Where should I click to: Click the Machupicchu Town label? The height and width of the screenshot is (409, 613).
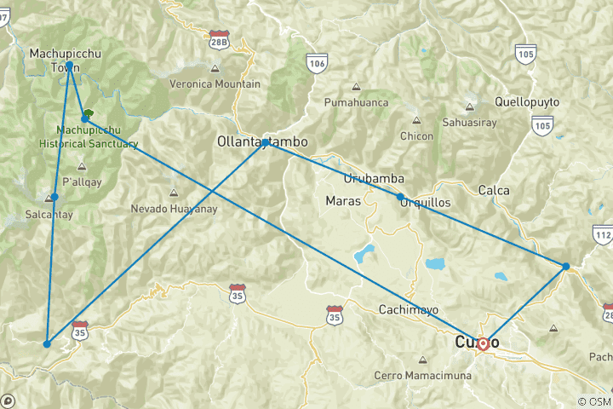pos(66,60)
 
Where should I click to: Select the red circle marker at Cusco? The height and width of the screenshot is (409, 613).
pos(483,344)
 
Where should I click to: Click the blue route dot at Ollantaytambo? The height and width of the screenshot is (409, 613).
pos(266,141)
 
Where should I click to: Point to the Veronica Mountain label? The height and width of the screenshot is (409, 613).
pos(215,84)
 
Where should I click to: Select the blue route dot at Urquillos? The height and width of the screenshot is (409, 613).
pos(400,197)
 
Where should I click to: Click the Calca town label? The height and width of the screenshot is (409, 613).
pos(494,190)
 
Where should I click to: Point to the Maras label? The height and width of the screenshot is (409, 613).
pos(343,201)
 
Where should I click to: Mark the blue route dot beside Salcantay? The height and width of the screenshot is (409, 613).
pos(54,197)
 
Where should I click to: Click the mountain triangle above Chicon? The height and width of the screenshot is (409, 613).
pos(415,120)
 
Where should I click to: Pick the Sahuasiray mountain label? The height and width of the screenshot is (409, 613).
pos(468,123)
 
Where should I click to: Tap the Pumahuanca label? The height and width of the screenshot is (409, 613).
pos(356,102)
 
